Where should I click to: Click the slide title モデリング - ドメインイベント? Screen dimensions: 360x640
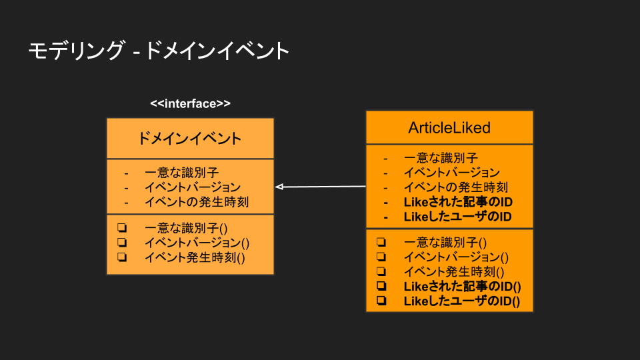tap(159, 51)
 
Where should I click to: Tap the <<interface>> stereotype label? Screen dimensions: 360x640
tap(190, 103)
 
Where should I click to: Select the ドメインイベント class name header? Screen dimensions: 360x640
tap(190, 139)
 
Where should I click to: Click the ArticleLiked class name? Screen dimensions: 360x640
tap(449, 127)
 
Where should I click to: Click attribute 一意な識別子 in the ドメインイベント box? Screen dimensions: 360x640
tap(182, 173)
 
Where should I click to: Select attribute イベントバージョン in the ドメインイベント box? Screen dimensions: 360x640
tap(193, 187)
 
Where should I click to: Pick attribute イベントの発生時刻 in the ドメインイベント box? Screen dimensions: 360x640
tap(197, 202)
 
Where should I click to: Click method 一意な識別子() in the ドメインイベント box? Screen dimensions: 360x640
tap(186, 228)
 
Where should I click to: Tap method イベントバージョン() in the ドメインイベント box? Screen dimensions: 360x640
tap(197, 243)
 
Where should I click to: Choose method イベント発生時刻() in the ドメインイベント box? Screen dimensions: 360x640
tap(195, 257)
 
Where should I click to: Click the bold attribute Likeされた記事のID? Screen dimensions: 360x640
tap(458, 202)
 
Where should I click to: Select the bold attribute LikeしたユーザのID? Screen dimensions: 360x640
tap(457, 217)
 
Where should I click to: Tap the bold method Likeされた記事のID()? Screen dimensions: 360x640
tap(462, 286)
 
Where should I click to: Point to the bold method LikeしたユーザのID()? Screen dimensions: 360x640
tap(462, 301)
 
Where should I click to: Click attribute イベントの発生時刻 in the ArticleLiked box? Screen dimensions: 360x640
tap(456, 187)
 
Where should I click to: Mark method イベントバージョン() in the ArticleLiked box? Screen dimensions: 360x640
tap(456, 257)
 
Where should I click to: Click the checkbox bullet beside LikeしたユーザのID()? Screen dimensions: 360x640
tap(381, 301)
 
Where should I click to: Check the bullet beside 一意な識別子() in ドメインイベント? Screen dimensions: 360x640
tap(122, 228)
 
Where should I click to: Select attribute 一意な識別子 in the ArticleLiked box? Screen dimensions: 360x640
tap(441, 158)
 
